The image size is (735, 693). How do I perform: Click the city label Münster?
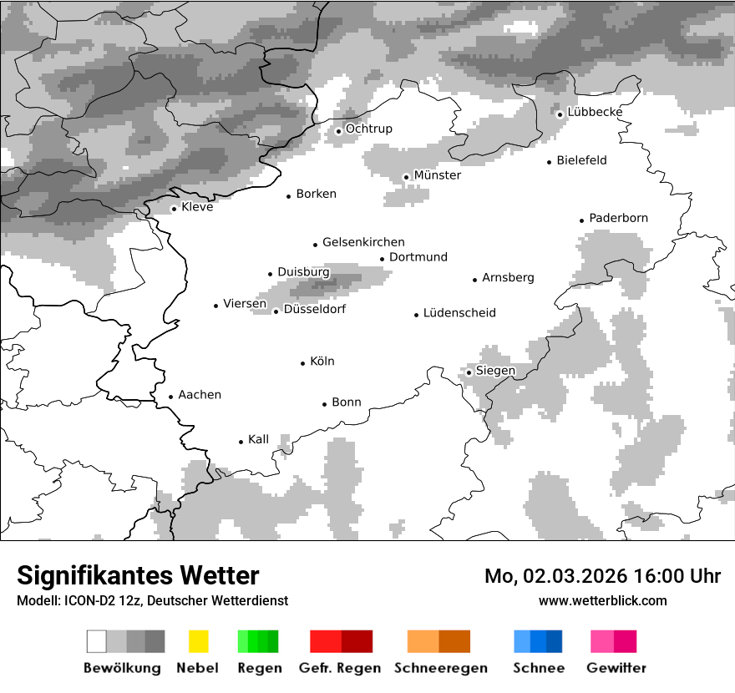click(x=438, y=175)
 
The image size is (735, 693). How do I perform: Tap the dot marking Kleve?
click(x=174, y=209)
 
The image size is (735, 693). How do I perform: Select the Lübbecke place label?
click(x=595, y=112)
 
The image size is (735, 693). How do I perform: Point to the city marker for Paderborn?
click(x=581, y=220)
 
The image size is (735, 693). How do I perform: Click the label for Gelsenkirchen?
click(x=363, y=242)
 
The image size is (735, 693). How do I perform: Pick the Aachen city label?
click(x=200, y=394)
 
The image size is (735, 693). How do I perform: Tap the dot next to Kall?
click(x=241, y=442)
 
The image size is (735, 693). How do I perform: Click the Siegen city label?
click(x=495, y=371)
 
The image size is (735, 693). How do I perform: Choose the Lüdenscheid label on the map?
click(x=459, y=313)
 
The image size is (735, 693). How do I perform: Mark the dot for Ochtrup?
click(x=338, y=131)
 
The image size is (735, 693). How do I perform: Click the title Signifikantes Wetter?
click(x=138, y=575)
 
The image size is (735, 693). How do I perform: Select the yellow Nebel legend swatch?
click(x=198, y=641)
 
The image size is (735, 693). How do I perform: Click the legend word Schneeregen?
click(x=441, y=668)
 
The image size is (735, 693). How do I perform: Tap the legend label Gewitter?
click(x=616, y=668)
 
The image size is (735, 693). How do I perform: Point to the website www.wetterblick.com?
click(x=603, y=600)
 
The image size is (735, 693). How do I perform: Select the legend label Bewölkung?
click(x=122, y=668)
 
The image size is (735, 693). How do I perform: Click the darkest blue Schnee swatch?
click(x=555, y=641)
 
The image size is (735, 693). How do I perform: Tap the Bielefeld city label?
click(x=581, y=160)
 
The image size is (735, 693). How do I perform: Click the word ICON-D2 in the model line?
click(x=86, y=600)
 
